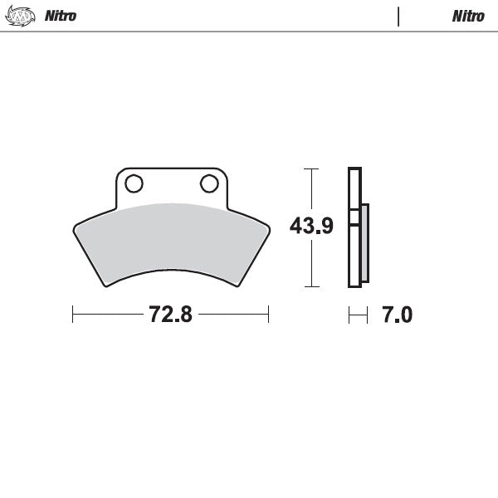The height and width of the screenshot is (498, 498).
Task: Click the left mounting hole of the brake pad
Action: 134,183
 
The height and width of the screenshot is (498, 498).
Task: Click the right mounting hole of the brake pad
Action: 207,183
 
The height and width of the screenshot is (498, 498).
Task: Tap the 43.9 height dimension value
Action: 310,226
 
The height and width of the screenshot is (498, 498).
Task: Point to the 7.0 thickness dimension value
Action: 396,315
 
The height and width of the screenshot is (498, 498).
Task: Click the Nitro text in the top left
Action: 61,16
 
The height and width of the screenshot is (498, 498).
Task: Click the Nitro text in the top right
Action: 468,16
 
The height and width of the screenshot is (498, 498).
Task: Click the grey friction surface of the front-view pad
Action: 170,241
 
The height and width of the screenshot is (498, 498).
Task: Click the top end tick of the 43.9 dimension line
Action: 310,169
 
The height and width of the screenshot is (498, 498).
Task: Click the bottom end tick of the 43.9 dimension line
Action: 310,286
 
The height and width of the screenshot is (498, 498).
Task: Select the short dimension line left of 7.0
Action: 358,315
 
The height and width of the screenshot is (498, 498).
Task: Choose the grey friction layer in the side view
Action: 365,245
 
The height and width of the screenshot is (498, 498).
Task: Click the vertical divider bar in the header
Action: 399,16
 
